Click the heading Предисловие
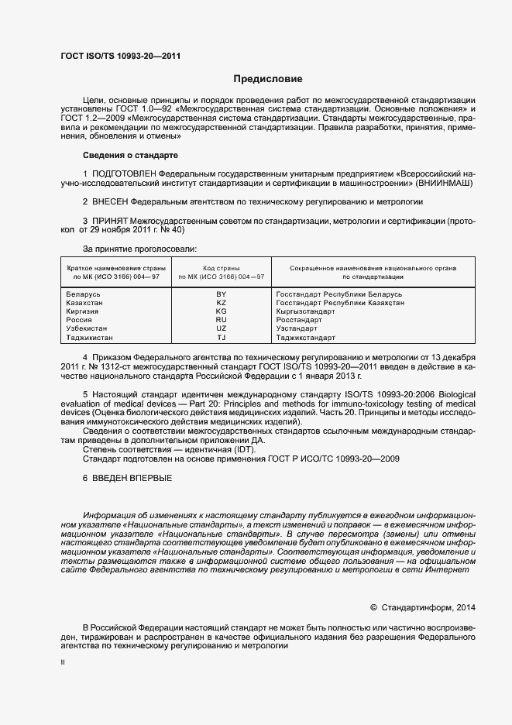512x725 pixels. point(268,79)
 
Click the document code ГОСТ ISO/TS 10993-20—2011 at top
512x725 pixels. point(122,56)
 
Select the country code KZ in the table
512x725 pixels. point(221,304)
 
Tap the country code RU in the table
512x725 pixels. point(221,320)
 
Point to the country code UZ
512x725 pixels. point(221,328)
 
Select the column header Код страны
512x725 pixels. point(221,268)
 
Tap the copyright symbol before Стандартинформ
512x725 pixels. point(373,607)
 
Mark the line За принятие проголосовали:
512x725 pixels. point(139,249)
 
